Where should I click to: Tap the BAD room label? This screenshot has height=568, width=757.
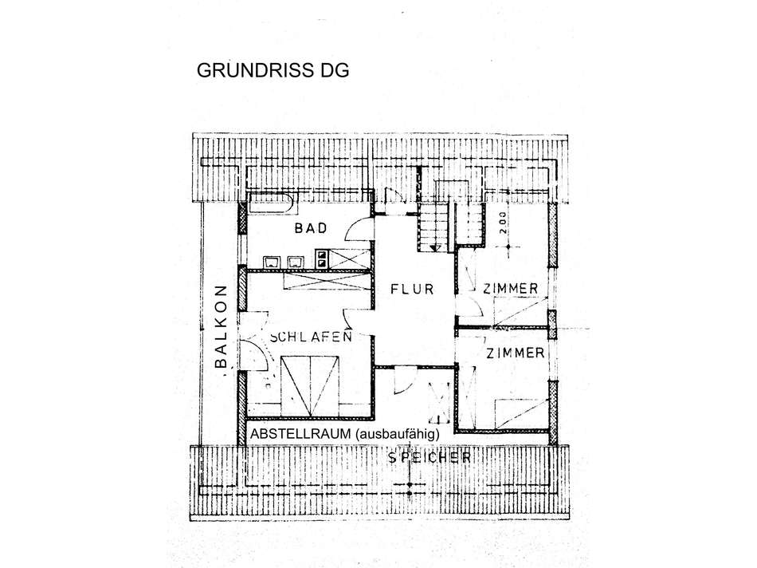click(311, 229)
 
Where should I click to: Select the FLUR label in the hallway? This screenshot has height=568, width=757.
click(412, 289)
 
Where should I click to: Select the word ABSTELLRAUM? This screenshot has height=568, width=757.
click(301, 433)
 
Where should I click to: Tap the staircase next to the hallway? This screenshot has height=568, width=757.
click(437, 227)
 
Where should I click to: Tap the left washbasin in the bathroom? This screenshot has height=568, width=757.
click(271, 260)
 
